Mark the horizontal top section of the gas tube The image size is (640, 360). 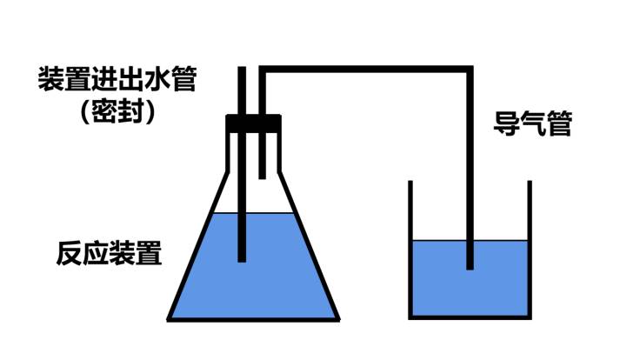click(365, 70)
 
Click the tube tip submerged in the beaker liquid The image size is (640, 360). click(470, 263)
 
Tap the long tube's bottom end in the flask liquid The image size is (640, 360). click(243, 254)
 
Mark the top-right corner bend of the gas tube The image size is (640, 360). click(470, 70)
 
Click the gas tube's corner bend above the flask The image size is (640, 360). click(263, 70)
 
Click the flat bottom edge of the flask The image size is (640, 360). click(253, 318)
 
